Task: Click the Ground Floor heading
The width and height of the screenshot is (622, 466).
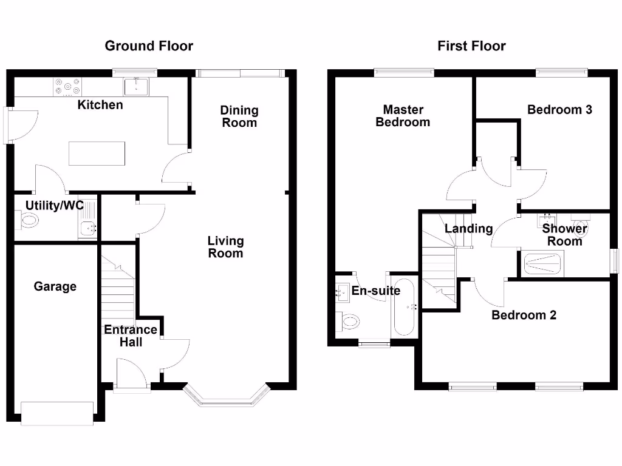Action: coord(149,46)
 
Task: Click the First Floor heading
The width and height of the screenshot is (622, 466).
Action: coord(471,46)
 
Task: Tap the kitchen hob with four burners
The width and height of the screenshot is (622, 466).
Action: coord(68,86)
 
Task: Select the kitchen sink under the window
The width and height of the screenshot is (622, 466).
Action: coord(134,87)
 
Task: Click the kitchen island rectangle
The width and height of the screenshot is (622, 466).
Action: coord(97,153)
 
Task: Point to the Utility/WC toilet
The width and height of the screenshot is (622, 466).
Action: coord(27,221)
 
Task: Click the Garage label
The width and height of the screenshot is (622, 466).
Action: coord(55,286)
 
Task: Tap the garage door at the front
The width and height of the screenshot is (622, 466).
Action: coord(57,413)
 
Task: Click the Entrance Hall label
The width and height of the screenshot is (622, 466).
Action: coord(131,336)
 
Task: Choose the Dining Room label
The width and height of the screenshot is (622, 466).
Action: coord(239,116)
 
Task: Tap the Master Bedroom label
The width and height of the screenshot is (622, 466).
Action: coord(403,115)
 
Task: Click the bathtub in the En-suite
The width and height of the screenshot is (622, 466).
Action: coord(403,307)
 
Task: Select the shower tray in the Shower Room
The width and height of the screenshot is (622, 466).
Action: coord(544,263)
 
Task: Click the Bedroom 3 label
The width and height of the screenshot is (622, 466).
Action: coord(559,110)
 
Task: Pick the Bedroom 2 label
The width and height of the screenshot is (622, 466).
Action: coord(524,315)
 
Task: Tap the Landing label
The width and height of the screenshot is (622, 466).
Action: coord(468,229)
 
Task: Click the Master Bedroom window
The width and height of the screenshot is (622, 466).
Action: coord(404,73)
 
